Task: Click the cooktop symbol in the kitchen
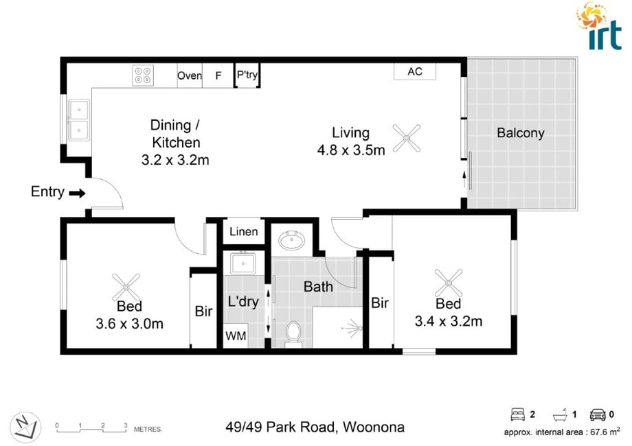(x=143, y=75)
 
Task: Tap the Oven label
(x=190, y=75)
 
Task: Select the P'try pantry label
(x=247, y=75)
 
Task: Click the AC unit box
(x=415, y=71)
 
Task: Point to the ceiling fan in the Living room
(x=406, y=139)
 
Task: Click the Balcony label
(x=520, y=133)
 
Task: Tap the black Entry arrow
(x=77, y=193)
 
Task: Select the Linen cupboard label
(x=243, y=231)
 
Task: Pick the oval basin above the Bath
(x=291, y=241)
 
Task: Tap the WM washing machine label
(x=236, y=336)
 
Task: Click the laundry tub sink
(x=242, y=263)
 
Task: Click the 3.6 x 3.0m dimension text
(x=129, y=324)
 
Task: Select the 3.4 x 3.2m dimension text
(x=448, y=321)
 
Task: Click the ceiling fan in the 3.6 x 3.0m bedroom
(x=126, y=287)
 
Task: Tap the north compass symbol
(x=25, y=427)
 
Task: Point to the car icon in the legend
(x=598, y=414)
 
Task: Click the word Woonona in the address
(x=374, y=427)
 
